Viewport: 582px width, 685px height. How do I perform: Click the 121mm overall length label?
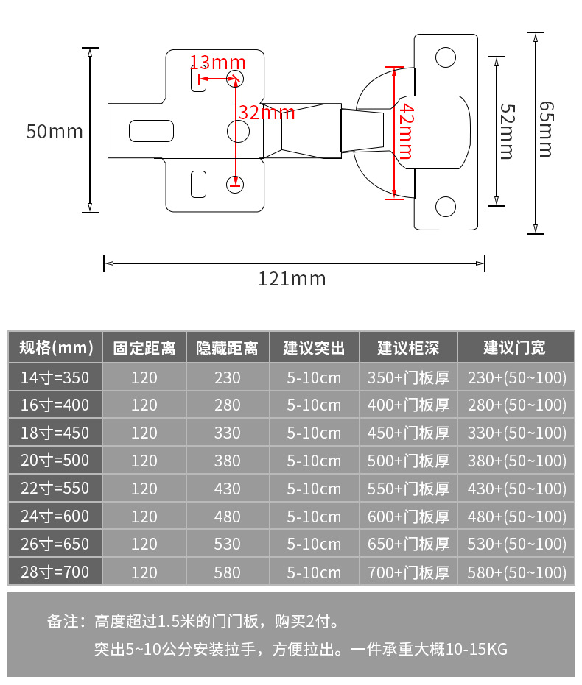coord(292,280)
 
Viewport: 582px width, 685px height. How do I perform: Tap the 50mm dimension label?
coord(55,132)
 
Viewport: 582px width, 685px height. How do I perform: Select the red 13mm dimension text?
coord(217,62)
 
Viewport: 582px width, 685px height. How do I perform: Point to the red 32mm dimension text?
coord(267,113)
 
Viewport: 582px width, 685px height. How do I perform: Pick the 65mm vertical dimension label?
coord(544,129)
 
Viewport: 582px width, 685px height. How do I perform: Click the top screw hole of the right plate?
coord(445,57)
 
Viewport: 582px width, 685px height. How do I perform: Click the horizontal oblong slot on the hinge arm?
coord(152,131)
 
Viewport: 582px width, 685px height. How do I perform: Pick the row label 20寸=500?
coord(55,461)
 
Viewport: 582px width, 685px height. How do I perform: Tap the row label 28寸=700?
coord(55,572)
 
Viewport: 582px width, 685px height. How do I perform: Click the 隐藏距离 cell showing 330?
coord(228,433)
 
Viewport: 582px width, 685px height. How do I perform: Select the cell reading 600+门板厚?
coord(408,517)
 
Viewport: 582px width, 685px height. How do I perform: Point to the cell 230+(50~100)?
coord(517,377)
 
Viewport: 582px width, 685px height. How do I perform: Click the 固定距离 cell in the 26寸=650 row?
coord(144,544)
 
